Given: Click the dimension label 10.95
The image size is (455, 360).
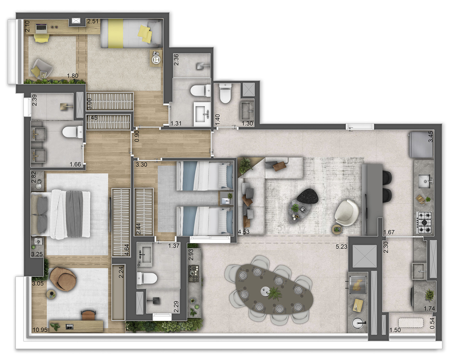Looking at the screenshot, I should tap(39, 329).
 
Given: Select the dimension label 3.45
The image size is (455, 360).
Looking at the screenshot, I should tap(431, 137).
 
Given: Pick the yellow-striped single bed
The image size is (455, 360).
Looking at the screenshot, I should tap(130, 33).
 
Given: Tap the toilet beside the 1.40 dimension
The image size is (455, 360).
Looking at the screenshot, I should tap(225, 94).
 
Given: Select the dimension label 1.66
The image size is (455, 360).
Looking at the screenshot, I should tap(75, 164).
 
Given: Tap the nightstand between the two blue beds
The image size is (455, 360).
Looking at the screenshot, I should tap(226, 199).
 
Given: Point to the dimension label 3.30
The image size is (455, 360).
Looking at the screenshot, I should tap(142, 164).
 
